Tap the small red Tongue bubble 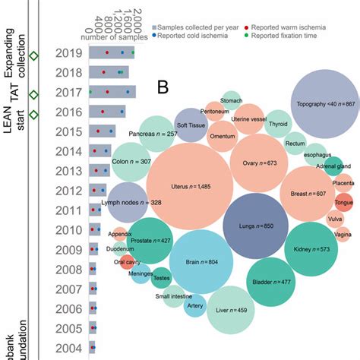(x=343, y=203)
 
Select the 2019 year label (x=70, y=53)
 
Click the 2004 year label (x=70, y=349)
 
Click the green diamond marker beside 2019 (x=33, y=55)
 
